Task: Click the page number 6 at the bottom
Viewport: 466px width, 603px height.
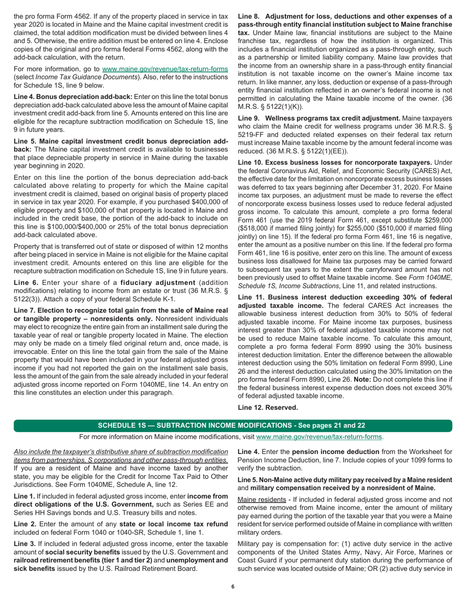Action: pos(233,587)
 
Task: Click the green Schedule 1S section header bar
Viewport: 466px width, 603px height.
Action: pos(233,425)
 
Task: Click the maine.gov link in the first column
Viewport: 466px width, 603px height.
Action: pos(164,69)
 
